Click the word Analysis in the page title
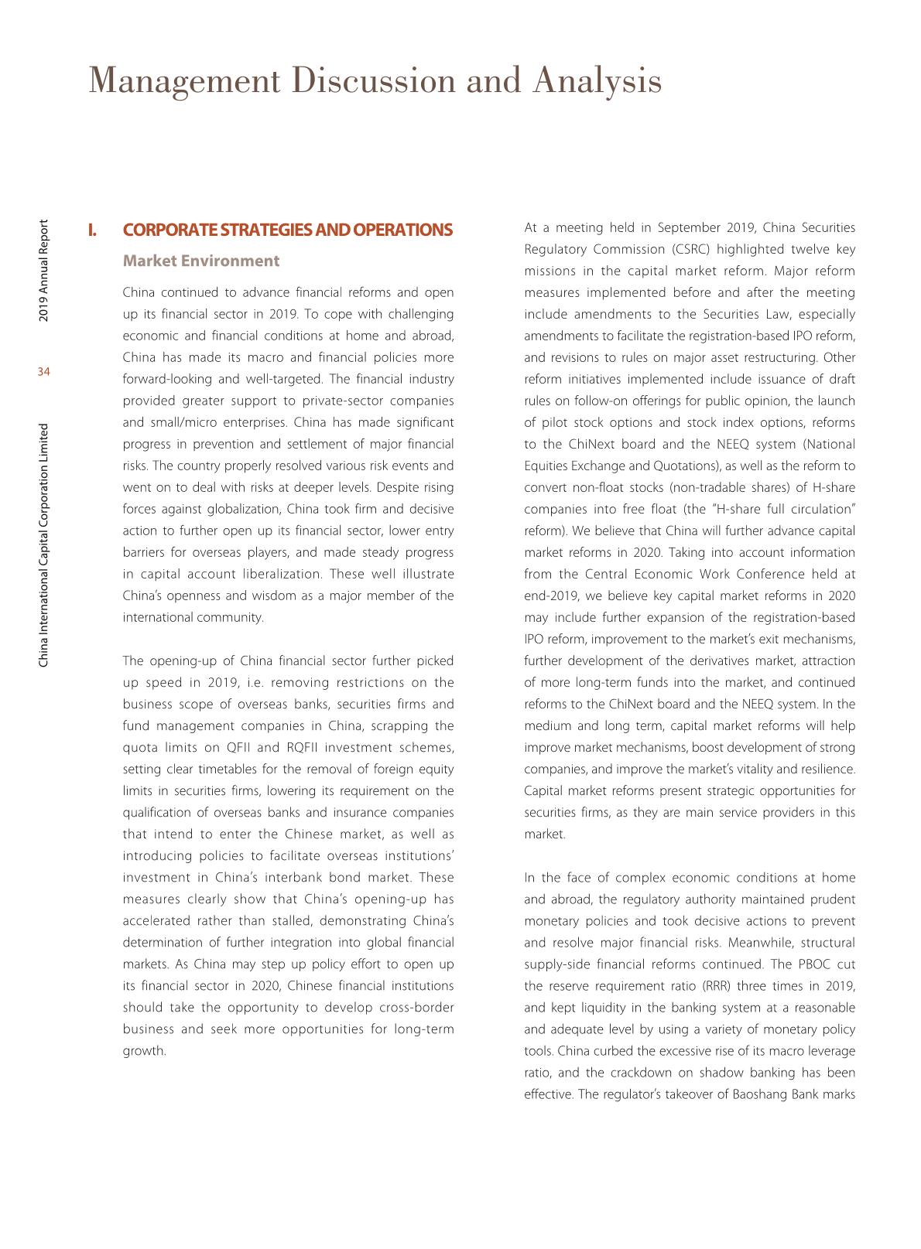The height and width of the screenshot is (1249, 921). [x=597, y=81]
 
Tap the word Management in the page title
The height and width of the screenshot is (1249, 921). [x=184, y=81]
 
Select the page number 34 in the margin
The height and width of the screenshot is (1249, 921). [x=43, y=373]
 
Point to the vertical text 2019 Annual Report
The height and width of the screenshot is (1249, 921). [x=44, y=271]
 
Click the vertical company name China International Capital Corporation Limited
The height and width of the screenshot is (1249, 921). [x=44, y=545]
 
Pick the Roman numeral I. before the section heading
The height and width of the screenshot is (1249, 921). [x=92, y=230]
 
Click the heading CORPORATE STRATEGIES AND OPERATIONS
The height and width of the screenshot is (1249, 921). [x=288, y=230]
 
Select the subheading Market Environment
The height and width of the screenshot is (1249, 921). [x=201, y=261]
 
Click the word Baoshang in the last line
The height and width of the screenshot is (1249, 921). [x=759, y=1094]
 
